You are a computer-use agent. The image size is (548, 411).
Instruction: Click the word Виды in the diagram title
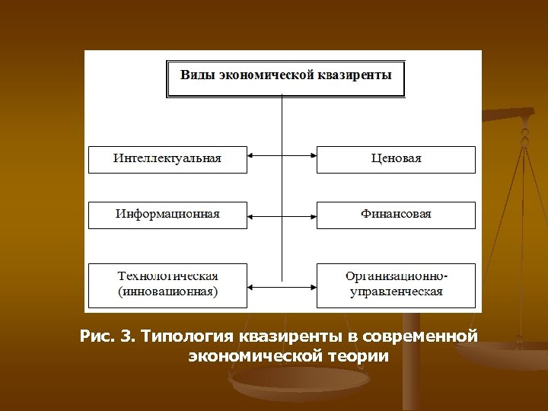197,75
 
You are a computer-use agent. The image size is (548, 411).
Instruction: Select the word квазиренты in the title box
356,75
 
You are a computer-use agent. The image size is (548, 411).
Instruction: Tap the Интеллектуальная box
167,159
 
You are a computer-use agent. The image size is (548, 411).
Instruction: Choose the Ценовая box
396,159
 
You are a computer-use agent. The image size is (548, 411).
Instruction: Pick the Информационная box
167,215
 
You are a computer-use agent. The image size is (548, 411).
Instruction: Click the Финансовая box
396,215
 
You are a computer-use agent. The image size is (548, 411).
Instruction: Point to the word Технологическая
167,276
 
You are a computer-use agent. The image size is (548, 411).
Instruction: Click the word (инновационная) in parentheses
167,292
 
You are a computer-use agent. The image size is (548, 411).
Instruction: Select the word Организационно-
397,276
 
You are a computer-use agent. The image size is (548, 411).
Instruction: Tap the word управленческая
396,292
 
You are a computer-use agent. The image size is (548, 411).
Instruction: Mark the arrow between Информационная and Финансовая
282,215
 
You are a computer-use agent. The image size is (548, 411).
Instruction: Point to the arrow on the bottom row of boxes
282,286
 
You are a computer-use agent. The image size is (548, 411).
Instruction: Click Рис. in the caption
97,336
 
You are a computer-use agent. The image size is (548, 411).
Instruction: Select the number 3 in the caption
126,336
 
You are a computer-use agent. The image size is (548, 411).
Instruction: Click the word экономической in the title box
269,75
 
